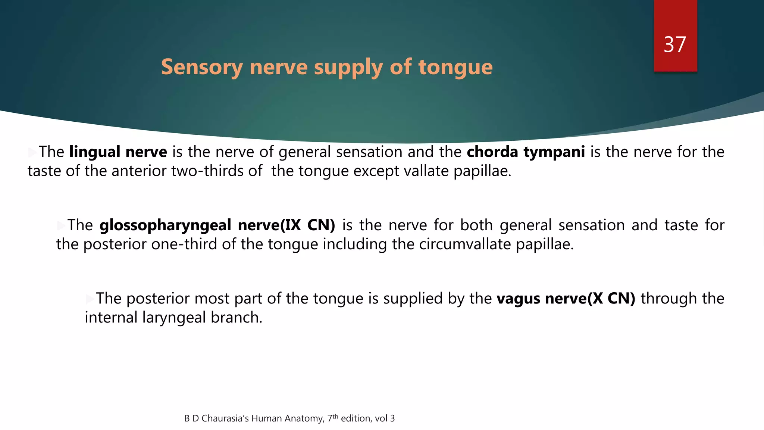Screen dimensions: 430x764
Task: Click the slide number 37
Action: tap(674, 45)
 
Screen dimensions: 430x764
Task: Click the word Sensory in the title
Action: tap(202, 67)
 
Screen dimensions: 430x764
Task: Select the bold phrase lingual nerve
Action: tap(118, 152)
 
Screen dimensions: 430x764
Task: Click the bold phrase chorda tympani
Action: tap(526, 152)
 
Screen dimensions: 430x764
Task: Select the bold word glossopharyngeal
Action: tap(165, 225)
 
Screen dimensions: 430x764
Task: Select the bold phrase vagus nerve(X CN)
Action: tap(566, 299)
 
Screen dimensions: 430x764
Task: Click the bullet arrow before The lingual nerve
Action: tap(32, 152)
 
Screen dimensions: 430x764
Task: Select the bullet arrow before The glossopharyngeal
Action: tap(61, 225)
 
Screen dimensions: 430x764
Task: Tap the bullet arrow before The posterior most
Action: tap(90, 299)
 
